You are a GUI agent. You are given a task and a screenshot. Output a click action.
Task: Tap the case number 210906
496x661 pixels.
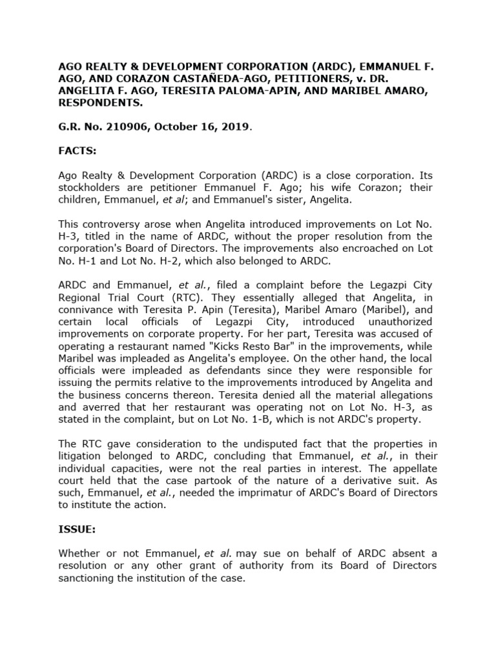(x=118, y=126)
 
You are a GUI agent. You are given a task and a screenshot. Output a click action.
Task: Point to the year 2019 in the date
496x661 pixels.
(x=234, y=126)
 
